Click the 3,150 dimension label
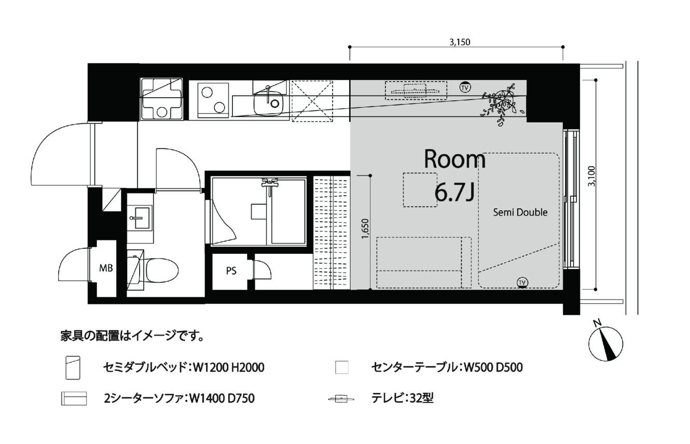[460, 42]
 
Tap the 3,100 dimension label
[592, 176]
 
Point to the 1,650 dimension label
[365, 229]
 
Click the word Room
[454, 159]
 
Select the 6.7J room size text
[454, 192]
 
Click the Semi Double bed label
[520, 212]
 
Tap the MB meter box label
[106, 268]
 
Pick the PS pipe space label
[231, 271]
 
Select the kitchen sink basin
[268, 103]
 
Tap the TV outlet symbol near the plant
[465, 88]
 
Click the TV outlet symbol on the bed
[522, 282]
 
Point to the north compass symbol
[605, 343]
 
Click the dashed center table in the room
[420, 190]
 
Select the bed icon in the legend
[73, 368]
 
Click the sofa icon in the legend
[74, 398]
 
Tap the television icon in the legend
[341, 399]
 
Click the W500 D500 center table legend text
[493, 367]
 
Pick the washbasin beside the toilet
[141, 218]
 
